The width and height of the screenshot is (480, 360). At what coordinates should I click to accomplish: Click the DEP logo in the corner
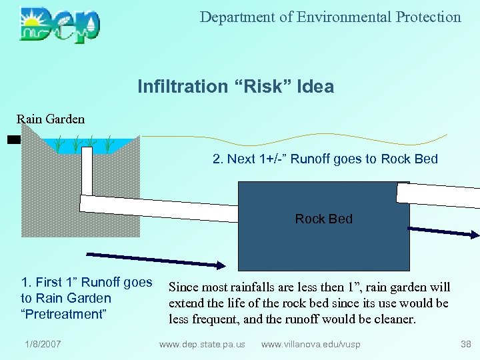[x=59, y=25]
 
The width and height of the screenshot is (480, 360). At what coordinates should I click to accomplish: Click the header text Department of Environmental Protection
[x=330, y=17]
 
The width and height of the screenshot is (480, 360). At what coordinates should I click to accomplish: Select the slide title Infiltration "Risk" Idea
[x=235, y=87]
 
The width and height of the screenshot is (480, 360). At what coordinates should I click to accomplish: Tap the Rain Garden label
[x=51, y=119]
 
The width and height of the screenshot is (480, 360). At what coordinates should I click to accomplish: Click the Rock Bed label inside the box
[x=323, y=219]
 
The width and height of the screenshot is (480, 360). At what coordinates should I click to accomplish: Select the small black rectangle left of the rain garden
[x=14, y=140]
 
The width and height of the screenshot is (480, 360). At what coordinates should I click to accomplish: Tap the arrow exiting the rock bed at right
[x=443, y=231]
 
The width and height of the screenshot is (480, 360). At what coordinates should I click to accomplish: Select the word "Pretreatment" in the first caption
[x=64, y=314]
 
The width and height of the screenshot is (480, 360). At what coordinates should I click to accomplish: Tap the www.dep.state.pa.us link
[x=202, y=344]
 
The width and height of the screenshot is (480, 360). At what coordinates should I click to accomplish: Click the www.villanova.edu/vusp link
[x=312, y=344]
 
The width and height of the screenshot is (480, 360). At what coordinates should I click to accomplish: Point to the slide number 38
[x=465, y=344]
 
